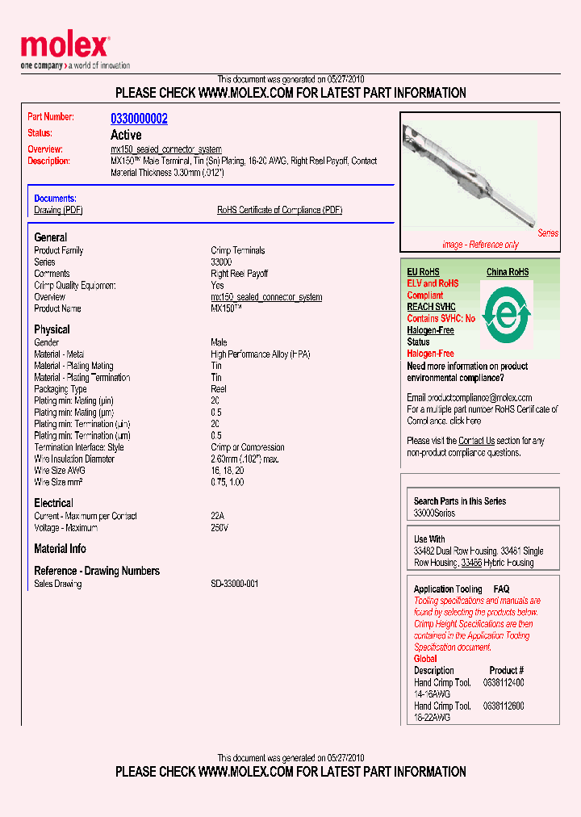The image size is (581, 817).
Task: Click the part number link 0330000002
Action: [139, 119]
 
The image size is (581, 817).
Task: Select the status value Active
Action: [126, 135]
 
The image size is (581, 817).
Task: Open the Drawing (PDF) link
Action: [58, 210]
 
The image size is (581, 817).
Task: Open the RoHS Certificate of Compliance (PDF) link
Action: [279, 210]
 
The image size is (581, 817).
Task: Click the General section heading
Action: [50, 237]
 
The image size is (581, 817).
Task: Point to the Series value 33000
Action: [221, 262]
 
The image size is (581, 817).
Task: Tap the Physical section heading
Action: [52, 329]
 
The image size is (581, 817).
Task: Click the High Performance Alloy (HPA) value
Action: [260, 354]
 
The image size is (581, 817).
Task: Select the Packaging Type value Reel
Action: [219, 389]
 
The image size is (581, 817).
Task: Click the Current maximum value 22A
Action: [217, 516]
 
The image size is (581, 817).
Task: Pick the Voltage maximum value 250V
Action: [219, 528]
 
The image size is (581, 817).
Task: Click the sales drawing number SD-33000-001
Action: [234, 584]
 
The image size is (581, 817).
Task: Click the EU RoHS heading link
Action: [423, 272]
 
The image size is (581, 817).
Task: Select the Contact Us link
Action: [476, 441]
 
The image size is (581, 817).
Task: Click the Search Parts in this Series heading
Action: [459, 501]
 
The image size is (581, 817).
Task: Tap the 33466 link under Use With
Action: [471, 563]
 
